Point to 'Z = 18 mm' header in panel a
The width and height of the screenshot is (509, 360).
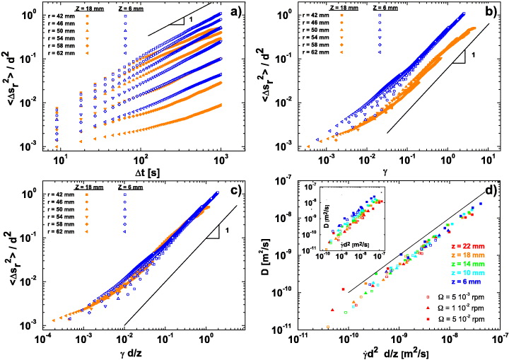pos(86,6)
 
